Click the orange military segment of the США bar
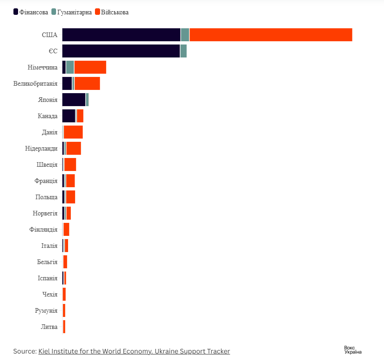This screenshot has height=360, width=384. point(271,35)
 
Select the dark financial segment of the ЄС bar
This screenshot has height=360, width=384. point(121,51)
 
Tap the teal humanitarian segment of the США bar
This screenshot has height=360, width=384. point(185,35)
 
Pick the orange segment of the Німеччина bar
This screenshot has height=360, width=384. point(90,67)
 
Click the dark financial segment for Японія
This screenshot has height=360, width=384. point(74,100)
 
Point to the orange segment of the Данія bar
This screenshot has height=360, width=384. point(73,132)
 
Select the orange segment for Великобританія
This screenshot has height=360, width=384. point(87,83)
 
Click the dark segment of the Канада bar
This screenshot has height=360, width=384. point(69,116)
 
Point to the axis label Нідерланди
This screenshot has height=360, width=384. point(41,149)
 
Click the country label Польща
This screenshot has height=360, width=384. point(46,197)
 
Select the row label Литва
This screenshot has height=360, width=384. point(49,327)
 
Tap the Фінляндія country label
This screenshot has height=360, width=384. point(43,230)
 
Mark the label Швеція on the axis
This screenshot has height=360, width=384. point(47,165)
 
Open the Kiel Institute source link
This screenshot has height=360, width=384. point(134,351)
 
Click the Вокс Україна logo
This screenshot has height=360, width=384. point(353,350)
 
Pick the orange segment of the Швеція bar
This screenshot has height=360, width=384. point(70,164)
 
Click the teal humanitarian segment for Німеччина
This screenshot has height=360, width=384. point(70,67)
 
